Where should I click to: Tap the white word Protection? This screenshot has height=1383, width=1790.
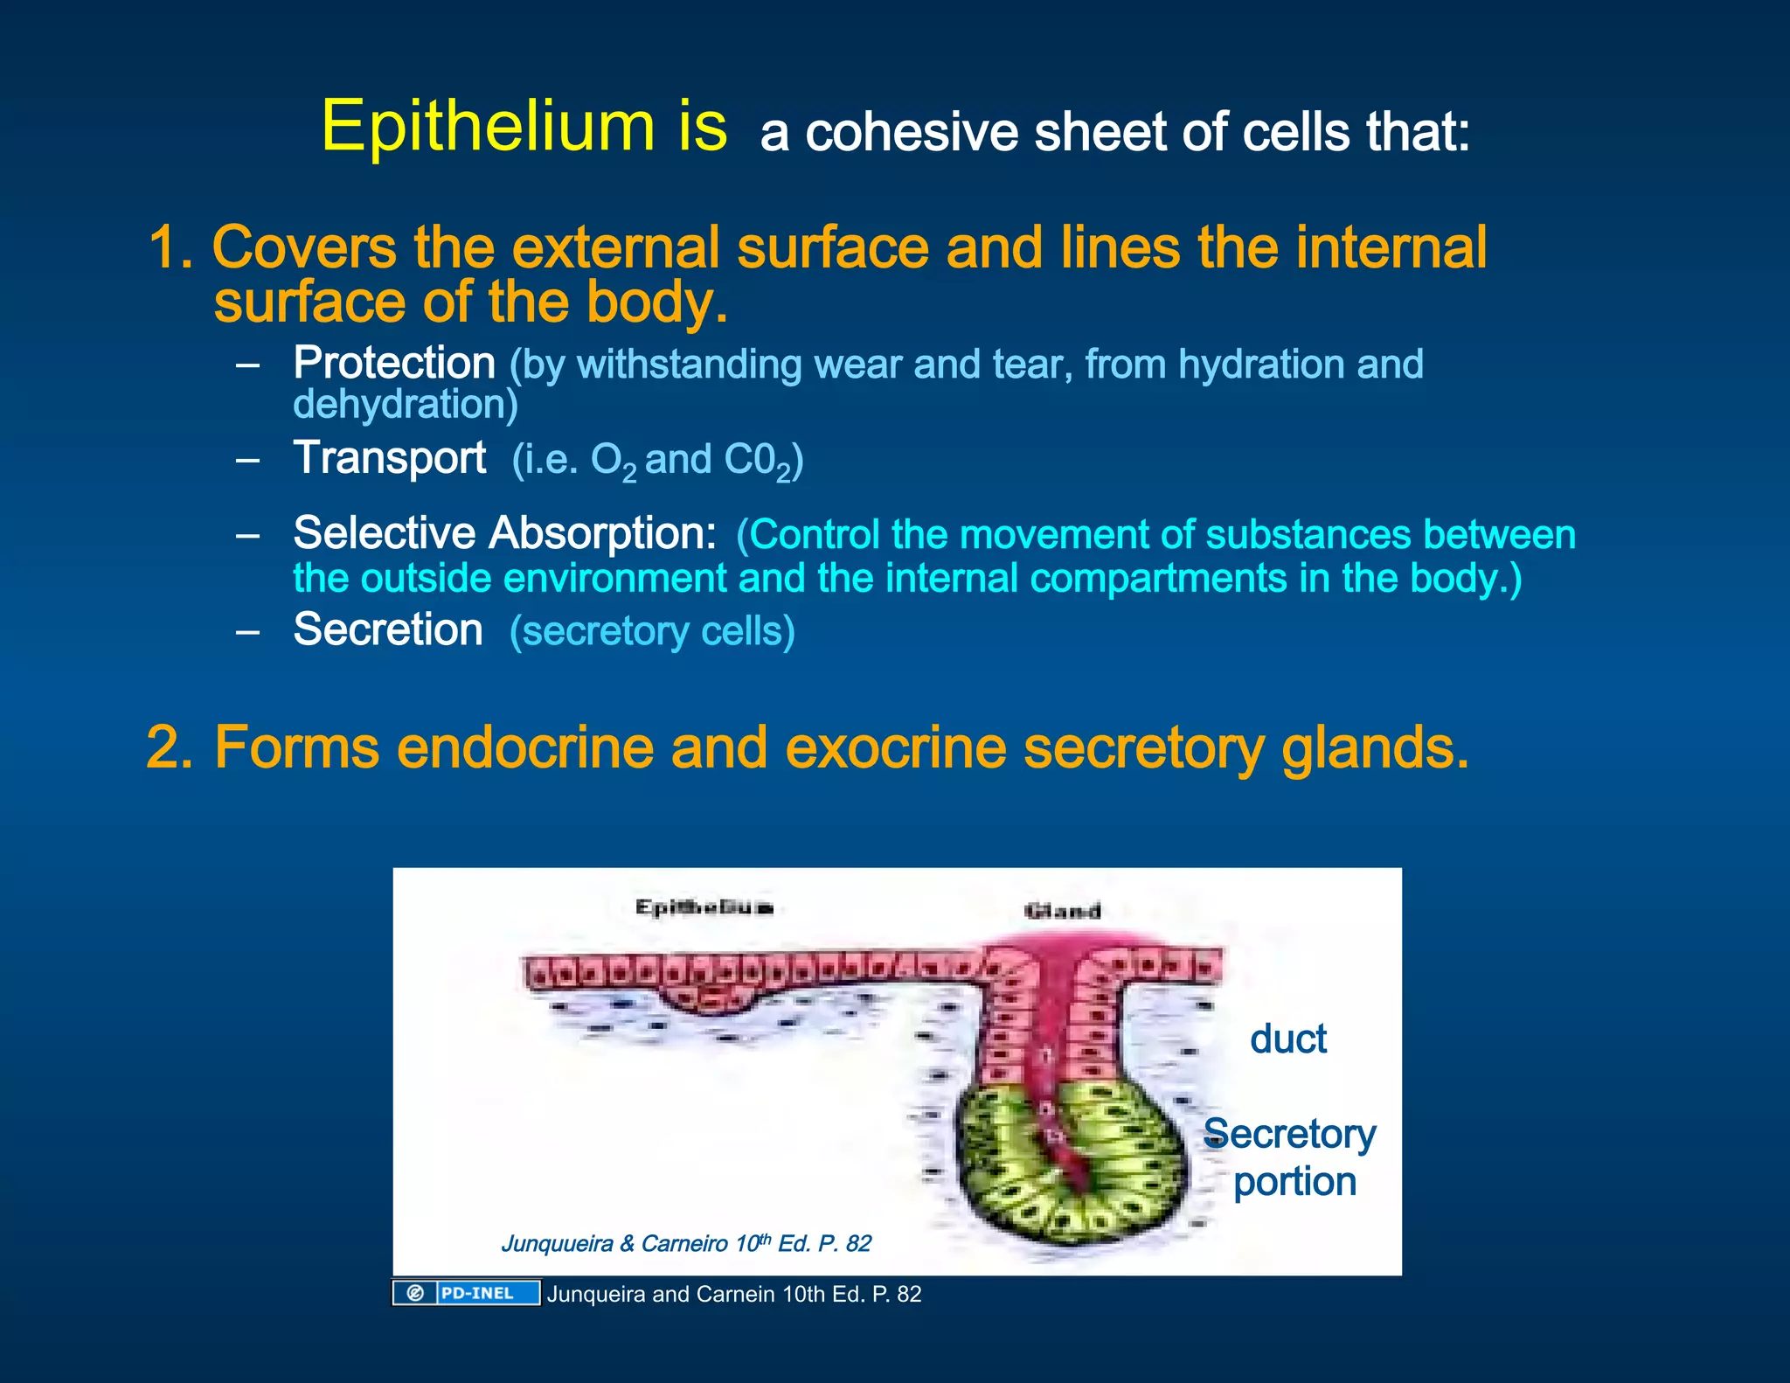point(394,363)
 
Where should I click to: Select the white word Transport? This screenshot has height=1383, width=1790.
point(390,458)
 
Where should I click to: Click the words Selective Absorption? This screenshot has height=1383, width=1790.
point(504,533)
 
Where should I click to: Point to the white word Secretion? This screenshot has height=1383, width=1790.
point(388,629)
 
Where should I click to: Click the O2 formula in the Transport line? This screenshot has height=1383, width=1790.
point(613,462)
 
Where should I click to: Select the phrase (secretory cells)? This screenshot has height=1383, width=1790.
point(652,631)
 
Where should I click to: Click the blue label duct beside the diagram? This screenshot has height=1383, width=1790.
point(1287,1039)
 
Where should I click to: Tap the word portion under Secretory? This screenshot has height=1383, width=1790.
point(1294,1182)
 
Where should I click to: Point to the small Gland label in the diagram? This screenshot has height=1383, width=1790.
point(1062,912)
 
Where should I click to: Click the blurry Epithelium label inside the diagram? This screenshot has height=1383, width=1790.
point(704,907)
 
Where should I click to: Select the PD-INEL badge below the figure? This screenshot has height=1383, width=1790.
point(466,1293)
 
